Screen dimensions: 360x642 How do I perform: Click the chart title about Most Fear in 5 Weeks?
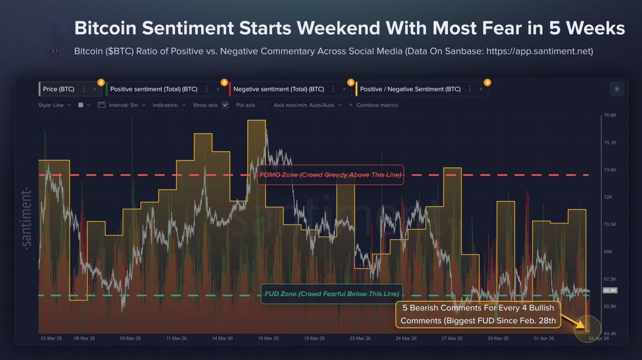(x=349, y=28)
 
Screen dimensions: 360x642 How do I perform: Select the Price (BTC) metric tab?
(x=59, y=89)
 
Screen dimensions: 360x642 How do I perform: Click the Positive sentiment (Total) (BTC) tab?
(x=154, y=89)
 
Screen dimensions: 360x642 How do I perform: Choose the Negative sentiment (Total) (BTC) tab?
(x=279, y=89)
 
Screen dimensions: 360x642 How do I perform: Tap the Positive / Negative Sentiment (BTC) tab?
(x=410, y=89)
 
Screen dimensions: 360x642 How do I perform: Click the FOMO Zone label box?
(x=330, y=175)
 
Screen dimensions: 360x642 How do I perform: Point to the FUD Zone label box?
(x=332, y=294)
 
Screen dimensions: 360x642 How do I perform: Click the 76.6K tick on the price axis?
(x=610, y=115)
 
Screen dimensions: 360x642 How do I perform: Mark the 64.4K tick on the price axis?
(x=610, y=333)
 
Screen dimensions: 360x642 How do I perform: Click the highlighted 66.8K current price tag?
(x=610, y=290)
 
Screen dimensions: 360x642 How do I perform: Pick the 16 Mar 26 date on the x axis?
(x=269, y=339)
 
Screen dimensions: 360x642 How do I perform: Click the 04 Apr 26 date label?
(x=599, y=339)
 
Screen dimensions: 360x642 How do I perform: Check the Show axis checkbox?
(x=225, y=105)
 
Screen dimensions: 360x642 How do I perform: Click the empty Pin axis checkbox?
(x=263, y=105)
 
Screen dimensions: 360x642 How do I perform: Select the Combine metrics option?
(x=377, y=105)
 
